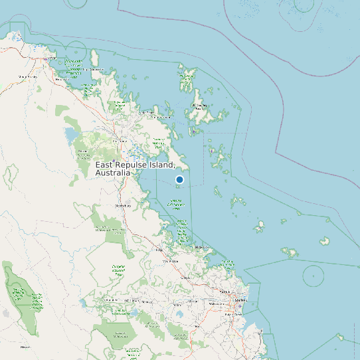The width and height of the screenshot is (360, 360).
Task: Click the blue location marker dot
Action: [x=179, y=179]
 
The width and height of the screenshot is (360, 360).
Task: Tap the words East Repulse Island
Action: [x=135, y=164]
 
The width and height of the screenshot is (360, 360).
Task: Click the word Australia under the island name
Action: [x=114, y=173]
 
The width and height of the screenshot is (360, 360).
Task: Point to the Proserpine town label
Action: [x=120, y=141]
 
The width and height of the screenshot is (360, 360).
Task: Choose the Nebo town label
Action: [x=26, y=347]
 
